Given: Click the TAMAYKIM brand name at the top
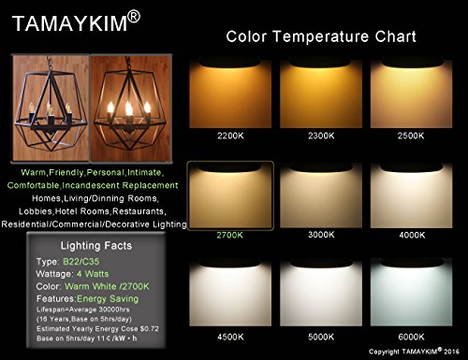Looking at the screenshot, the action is point(70,23).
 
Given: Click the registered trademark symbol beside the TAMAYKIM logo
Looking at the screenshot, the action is point(134,17).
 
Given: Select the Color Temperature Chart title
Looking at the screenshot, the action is point(321,36).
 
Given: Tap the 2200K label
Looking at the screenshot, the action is point(230,136).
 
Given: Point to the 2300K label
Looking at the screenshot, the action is point(321,136).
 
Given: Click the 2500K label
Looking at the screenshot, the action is point(411,136).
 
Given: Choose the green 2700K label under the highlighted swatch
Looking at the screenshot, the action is point(230,235).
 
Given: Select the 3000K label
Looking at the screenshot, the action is point(321,235).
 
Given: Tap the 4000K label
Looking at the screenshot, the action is point(412,235).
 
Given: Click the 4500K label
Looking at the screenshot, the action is point(230,337).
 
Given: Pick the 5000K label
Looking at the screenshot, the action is point(321,337).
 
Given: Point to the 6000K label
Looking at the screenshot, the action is point(411,337).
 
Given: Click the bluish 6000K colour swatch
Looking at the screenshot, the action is point(411,292).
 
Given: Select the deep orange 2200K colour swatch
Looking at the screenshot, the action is point(230,93).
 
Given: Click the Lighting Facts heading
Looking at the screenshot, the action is point(96,246).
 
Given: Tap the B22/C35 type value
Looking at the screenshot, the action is point(81,262).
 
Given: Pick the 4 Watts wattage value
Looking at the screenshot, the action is point(93,274).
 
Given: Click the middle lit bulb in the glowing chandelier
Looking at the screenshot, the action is point(129,109).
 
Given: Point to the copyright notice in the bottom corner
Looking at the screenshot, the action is point(414,352).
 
